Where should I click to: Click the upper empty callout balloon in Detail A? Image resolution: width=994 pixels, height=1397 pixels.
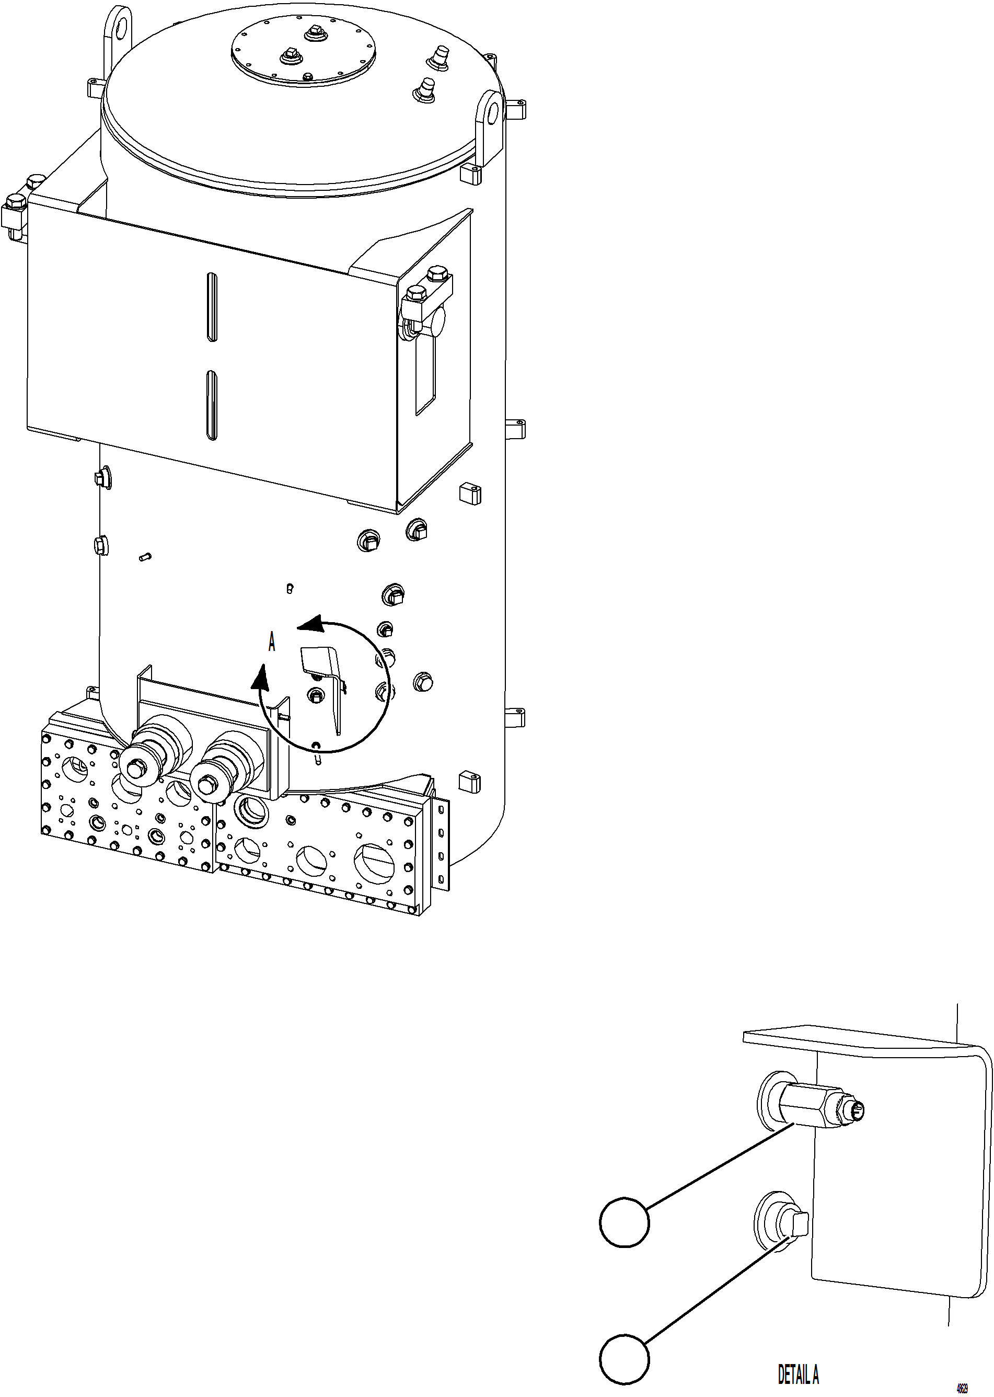coord(623,1221)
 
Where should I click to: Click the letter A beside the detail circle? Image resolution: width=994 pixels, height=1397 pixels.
coord(272,642)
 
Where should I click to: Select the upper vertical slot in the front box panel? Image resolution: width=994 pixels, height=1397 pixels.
coord(211,306)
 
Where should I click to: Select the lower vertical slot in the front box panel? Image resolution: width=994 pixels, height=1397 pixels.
coord(211,405)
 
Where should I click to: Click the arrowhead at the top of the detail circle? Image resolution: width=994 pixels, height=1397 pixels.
coord(311,624)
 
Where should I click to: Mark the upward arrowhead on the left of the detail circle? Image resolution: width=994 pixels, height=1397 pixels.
coord(261,677)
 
